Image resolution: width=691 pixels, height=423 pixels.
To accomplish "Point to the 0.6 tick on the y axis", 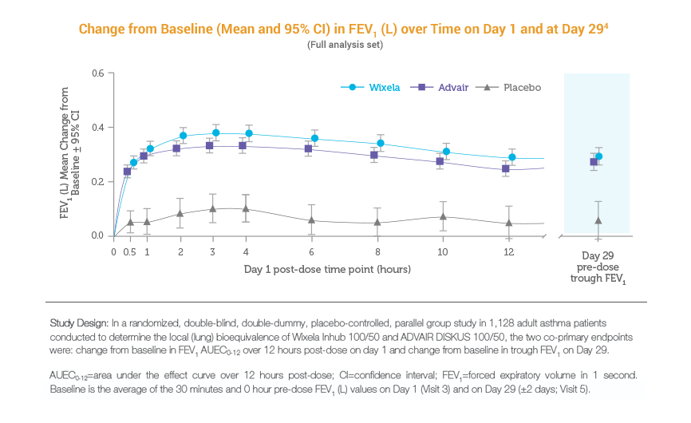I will (98, 73).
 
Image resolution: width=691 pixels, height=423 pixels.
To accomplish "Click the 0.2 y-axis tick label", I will (98, 182).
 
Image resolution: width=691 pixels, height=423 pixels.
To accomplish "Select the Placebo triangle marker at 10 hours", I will (442, 216).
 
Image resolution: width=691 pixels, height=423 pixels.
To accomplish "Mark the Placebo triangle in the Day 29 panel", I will (598, 219).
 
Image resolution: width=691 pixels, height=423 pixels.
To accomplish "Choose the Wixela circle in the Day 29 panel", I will (599, 157).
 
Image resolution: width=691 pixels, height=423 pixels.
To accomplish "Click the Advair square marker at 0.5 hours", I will (127, 172).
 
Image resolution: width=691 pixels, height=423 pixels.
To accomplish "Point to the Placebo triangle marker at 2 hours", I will (180, 214).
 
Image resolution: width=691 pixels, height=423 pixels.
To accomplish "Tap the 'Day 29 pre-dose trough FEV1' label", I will (597, 267).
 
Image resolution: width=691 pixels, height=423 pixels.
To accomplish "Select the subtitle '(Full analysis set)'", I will (345, 45).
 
